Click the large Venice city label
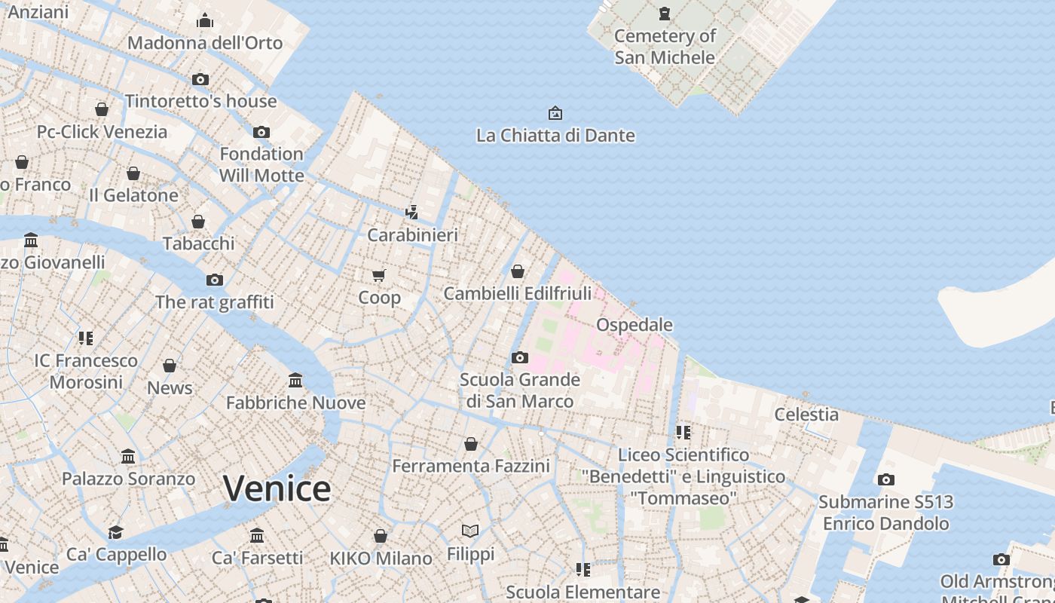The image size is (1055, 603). coord(277,488)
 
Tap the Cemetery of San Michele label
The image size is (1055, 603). coord(665,47)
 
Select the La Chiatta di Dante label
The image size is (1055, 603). coord(555,136)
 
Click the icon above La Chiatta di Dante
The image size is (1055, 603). coord(555,114)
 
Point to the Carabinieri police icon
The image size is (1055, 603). coord(412,212)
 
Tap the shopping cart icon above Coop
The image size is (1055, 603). coord(379,276)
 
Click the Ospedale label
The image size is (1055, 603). coord(635,325)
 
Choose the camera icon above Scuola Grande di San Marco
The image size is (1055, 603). coord(519,357)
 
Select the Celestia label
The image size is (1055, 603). coord(806,415)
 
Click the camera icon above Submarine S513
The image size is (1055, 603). coord(886,479)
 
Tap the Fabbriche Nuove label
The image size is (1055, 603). coord(296,403)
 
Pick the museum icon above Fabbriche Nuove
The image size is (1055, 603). coord(295,381)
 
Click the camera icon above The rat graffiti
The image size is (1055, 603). coord(215,280)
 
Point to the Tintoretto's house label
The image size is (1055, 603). coord(201,101)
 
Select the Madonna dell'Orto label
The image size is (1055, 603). coord(205,43)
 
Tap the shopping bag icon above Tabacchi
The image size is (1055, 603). coord(198,222)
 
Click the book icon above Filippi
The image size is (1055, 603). coord(470,531)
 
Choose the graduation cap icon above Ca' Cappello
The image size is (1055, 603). coord(115,532)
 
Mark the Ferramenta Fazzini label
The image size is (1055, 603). coord(471,467)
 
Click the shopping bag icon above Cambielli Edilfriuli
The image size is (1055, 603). coord(518,271)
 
